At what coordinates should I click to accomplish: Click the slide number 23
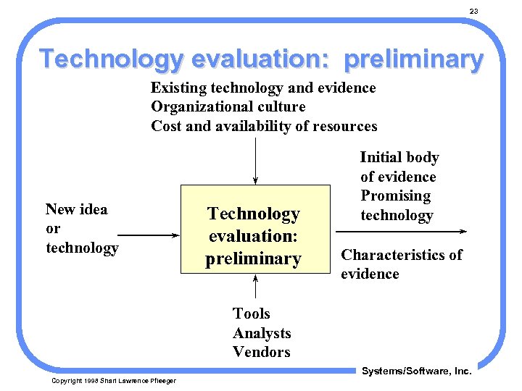[x=473, y=11]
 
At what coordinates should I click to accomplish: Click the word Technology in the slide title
[x=111, y=59]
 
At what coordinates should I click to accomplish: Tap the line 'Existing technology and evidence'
[x=263, y=88]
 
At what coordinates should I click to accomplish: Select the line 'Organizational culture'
[x=228, y=106]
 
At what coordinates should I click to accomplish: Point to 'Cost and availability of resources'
[x=264, y=126]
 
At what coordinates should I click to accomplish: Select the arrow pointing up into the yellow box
[x=254, y=287]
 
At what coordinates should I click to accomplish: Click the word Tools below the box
[x=251, y=314]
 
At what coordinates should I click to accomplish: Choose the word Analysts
[x=261, y=333]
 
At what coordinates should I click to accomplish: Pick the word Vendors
[x=261, y=352]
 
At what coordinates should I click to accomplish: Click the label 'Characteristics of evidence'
[x=401, y=264]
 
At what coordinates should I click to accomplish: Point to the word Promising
[x=395, y=195]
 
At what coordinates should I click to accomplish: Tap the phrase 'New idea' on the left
[x=76, y=209]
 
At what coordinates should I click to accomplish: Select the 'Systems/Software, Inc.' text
[x=416, y=371]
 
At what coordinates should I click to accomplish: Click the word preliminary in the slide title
[x=413, y=59]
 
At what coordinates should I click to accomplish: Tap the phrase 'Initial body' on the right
[x=399, y=157]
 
